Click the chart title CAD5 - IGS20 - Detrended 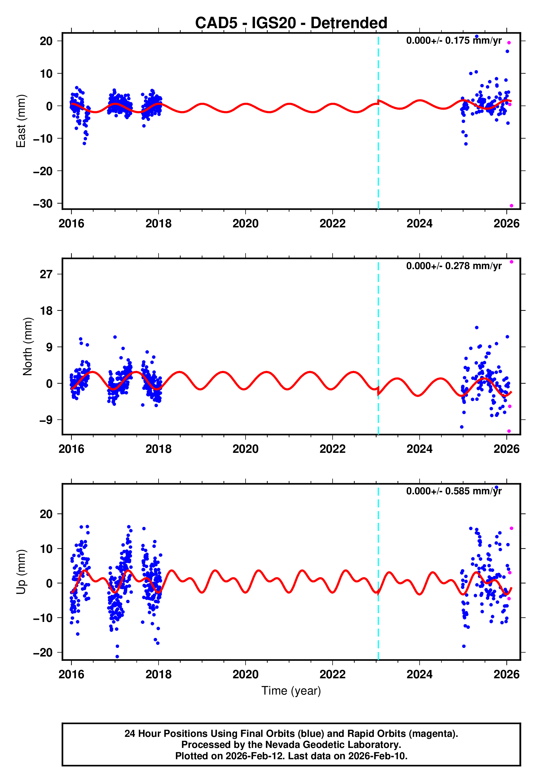[x=291, y=23]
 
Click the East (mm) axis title [x=21, y=121]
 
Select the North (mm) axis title [x=28, y=346]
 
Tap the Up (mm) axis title [x=21, y=572]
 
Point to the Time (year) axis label [x=291, y=691]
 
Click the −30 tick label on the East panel [x=43, y=204]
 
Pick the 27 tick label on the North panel [x=46, y=274]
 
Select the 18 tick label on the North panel [x=46, y=311]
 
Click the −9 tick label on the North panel [x=46, y=420]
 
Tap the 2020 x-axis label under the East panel [x=245, y=224]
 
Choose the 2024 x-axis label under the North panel [x=419, y=449]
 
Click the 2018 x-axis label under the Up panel [x=158, y=674]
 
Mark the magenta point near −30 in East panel [x=511, y=206]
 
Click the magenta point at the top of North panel [x=511, y=262]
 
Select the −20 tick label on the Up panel [x=43, y=653]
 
